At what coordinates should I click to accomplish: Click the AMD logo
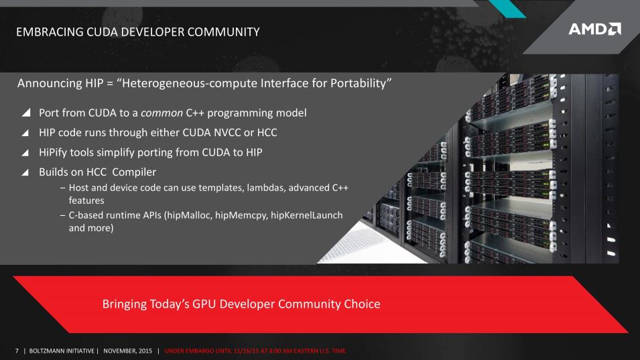(x=594, y=29)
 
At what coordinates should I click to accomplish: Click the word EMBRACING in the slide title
(x=50, y=32)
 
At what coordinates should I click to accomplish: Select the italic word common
(x=162, y=113)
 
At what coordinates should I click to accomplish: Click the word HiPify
(x=53, y=153)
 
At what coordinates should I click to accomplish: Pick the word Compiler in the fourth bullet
(x=134, y=172)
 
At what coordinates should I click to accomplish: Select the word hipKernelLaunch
(x=306, y=215)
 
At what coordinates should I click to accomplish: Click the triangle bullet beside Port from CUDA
(x=26, y=112)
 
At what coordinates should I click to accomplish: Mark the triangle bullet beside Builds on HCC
(x=25, y=172)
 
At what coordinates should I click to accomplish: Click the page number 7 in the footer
(x=17, y=351)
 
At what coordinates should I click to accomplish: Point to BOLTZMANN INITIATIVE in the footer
(x=62, y=351)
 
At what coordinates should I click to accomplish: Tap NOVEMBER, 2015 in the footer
(x=128, y=351)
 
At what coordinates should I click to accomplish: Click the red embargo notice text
(x=255, y=351)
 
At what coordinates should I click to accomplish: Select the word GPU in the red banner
(x=204, y=304)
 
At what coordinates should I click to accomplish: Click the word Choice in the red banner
(x=362, y=304)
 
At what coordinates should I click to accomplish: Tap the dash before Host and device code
(x=62, y=188)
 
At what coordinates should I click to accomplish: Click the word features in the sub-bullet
(x=86, y=200)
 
